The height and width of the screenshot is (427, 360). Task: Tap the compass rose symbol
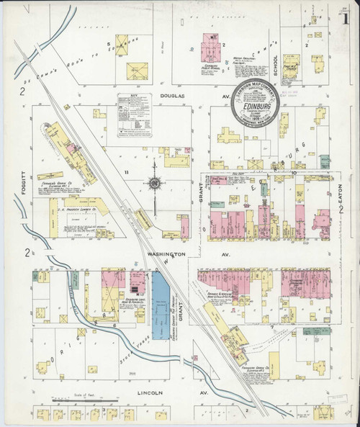pos(153,184)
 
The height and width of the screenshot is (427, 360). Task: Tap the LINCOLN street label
pos(150,393)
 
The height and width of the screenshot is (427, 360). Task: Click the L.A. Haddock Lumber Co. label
pos(73,212)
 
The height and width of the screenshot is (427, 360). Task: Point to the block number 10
pos(295,173)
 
